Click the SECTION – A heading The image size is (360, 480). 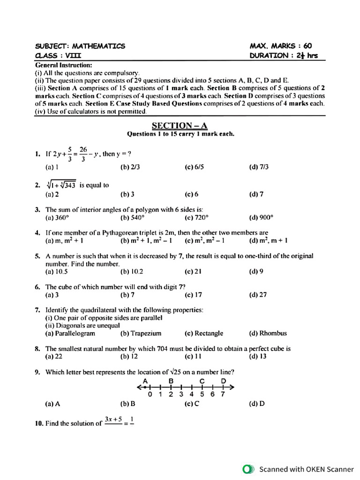[180, 125]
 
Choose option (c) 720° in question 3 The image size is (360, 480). [196, 217]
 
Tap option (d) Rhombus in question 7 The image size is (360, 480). [268, 333]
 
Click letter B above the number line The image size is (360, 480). [171, 380]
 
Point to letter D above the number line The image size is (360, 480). [224, 380]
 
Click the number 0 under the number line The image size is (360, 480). [150, 394]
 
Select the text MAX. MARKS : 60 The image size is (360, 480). [281, 46]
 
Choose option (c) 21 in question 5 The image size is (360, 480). [193, 271]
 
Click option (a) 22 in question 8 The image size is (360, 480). [54, 356]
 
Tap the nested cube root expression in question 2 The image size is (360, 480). [61, 185]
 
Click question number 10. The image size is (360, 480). [39, 423]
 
